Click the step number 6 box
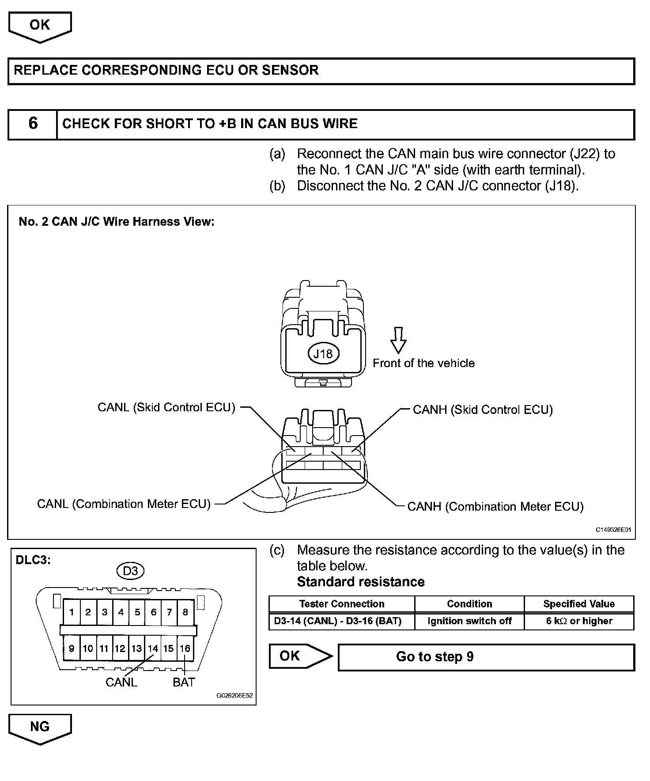[x=33, y=124]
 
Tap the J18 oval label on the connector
[x=323, y=354]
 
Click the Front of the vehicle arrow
[x=398, y=340]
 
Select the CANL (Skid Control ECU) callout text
[x=166, y=407]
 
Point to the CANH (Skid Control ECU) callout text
[x=483, y=410]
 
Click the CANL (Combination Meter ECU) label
[x=124, y=504]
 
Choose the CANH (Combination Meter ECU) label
[x=495, y=507]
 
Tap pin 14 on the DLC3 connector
[x=153, y=648]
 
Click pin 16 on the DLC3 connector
[x=185, y=648]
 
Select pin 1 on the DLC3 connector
[x=72, y=612]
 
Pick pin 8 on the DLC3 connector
[x=185, y=612]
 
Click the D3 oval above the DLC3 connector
[x=130, y=571]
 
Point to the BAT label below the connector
[x=184, y=682]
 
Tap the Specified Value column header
[x=578, y=604]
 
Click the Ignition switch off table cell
[x=469, y=621]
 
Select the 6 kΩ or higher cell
[x=578, y=621]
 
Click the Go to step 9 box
[x=486, y=657]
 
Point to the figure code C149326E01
[x=613, y=530]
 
